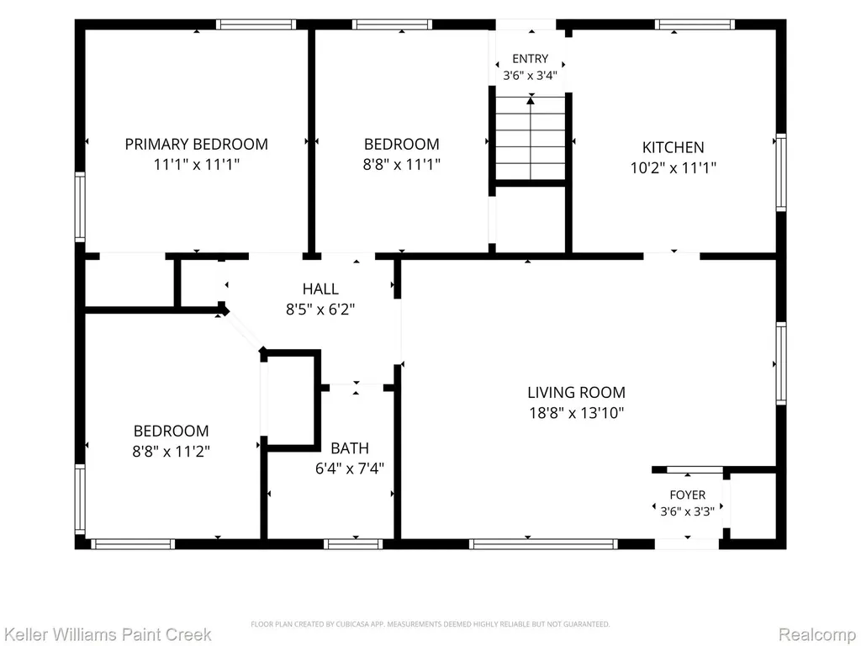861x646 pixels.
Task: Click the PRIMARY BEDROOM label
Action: pyautogui.click(x=197, y=144)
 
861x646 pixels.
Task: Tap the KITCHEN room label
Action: pyautogui.click(x=673, y=147)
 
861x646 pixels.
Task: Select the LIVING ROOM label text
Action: pyautogui.click(x=577, y=392)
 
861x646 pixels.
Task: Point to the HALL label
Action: pyautogui.click(x=320, y=289)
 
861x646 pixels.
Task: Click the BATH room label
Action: pyautogui.click(x=350, y=448)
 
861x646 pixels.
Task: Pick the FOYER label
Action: pyautogui.click(x=688, y=495)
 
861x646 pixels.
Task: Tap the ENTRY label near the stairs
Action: pyautogui.click(x=531, y=59)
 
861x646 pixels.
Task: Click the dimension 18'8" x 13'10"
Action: pyautogui.click(x=577, y=412)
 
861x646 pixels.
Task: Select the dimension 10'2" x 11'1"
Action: pyautogui.click(x=673, y=167)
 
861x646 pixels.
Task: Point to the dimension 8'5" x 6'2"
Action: pyautogui.click(x=320, y=310)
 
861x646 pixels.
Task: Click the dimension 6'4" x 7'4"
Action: pyautogui.click(x=350, y=469)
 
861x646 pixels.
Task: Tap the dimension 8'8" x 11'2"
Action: pyautogui.click(x=172, y=452)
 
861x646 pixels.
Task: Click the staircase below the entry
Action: pyautogui.click(x=531, y=138)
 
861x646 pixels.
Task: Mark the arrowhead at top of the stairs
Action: pyautogui.click(x=531, y=101)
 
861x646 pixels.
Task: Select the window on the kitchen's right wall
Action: pyautogui.click(x=781, y=172)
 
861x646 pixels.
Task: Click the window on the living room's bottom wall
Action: pyautogui.click(x=544, y=544)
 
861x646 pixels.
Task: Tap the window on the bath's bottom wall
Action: pyautogui.click(x=353, y=544)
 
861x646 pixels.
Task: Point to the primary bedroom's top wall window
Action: pyautogui.click(x=256, y=24)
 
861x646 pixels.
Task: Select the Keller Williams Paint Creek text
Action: pyautogui.click(x=107, y=634)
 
